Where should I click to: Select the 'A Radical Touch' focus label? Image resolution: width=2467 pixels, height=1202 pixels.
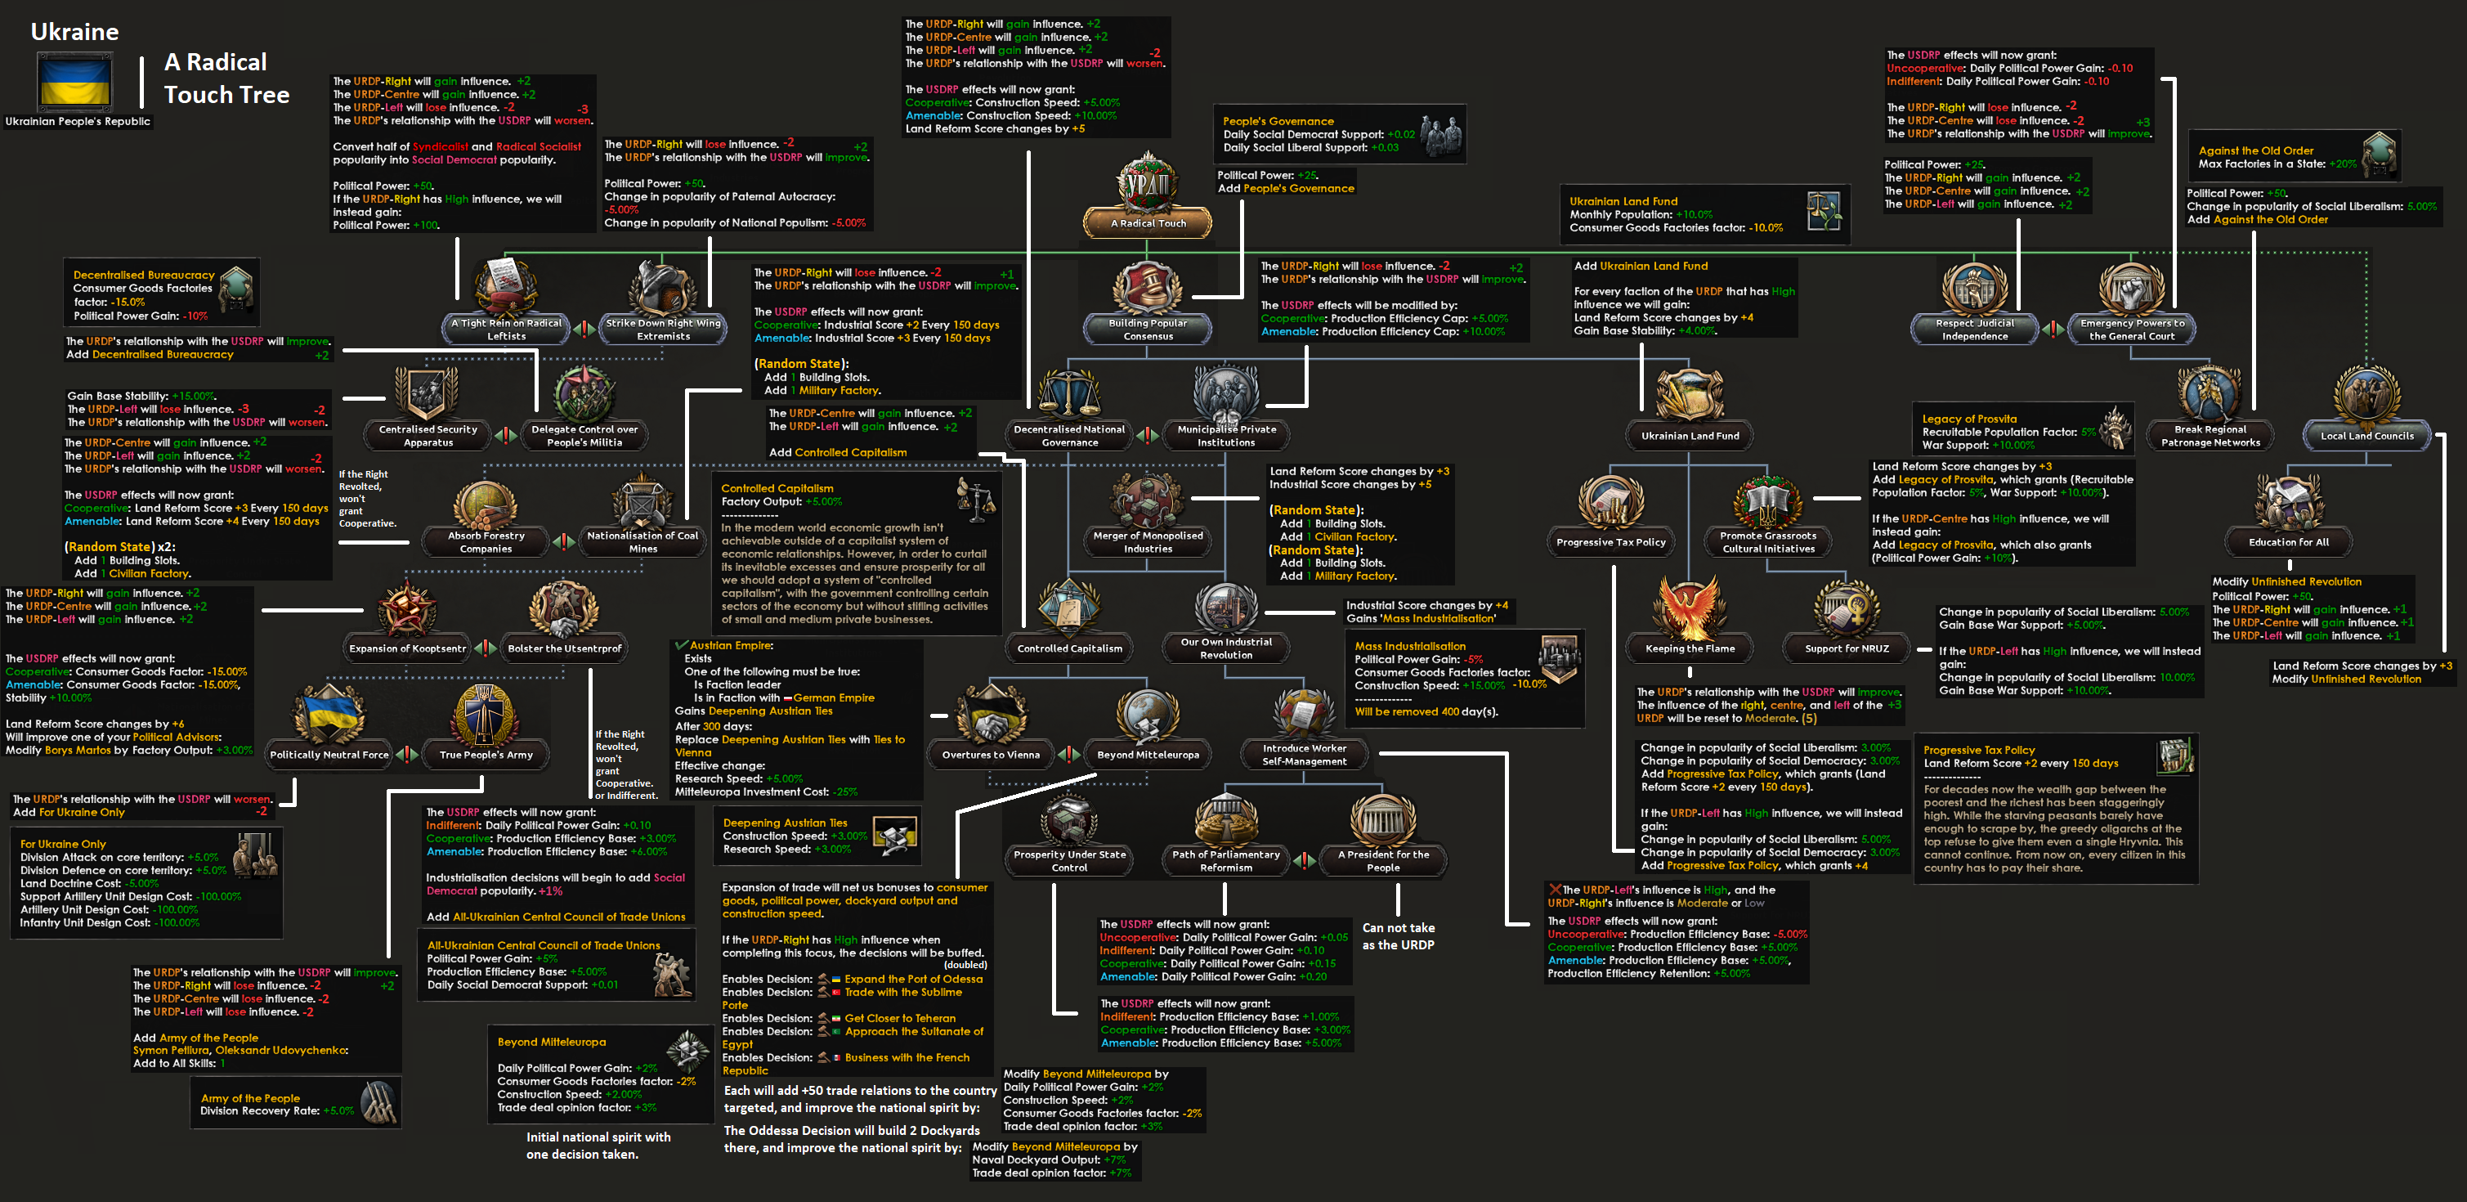(1148, 223)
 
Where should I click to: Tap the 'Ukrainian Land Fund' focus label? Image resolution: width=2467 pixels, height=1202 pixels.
(1690, 436)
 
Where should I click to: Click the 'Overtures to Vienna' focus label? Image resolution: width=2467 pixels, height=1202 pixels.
(990, 755)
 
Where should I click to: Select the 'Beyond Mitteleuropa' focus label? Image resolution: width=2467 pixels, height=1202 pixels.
(1148, 755)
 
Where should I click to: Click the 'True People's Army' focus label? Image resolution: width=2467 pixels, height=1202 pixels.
(486, 755)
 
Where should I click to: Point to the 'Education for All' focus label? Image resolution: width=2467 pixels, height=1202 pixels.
(2288, 542)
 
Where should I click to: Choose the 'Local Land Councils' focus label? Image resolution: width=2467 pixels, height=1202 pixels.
(2366, 436)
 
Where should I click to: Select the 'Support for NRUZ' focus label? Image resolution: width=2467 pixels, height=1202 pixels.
(1847, 648)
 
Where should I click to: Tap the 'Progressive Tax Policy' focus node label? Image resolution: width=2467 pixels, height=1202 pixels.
(1611, 542)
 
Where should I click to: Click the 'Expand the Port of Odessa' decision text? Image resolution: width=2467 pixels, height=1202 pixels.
(913, 979)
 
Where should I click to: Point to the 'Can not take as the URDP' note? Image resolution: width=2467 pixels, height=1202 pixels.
(1399, 935)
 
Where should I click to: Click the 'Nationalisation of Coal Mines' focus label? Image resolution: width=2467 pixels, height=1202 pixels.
(642, 542)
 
